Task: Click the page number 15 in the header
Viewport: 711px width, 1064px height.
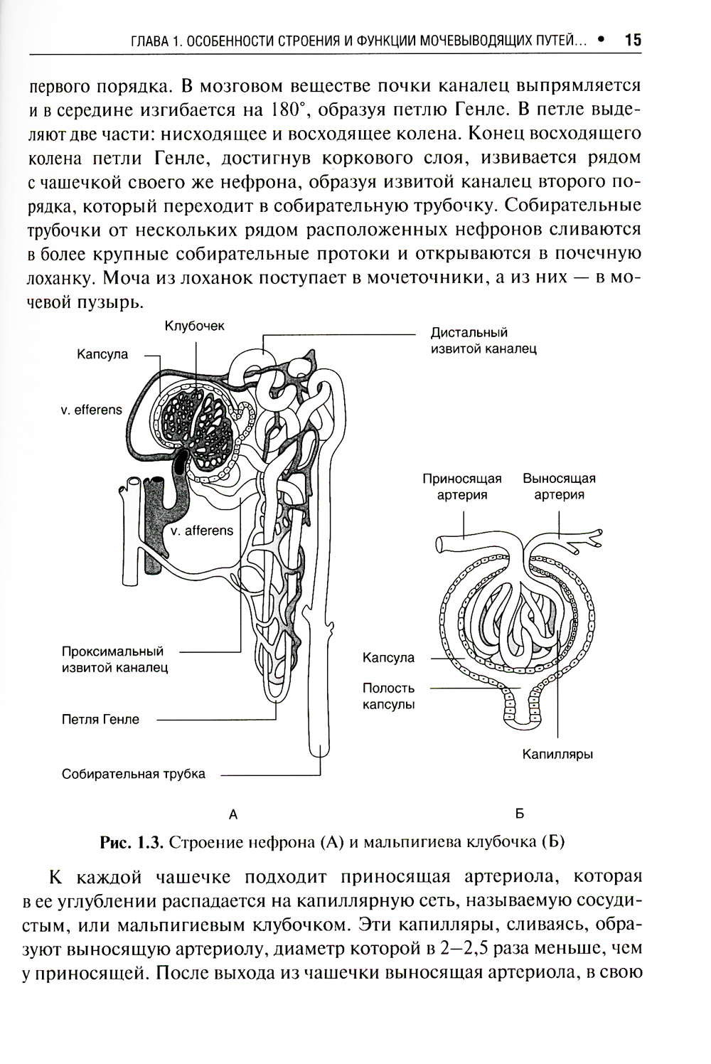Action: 632,41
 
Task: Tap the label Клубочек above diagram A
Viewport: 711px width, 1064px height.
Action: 195,326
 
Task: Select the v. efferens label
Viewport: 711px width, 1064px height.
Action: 92,410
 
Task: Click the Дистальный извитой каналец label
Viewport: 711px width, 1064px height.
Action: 483,341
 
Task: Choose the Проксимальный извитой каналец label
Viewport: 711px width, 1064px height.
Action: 114,659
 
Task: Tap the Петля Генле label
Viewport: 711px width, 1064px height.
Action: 100,719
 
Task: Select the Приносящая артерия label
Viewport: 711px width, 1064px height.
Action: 462,486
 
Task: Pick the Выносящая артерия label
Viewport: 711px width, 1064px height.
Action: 559,486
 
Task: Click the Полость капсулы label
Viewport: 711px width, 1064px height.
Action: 388,696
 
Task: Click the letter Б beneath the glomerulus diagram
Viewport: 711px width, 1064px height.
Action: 518,814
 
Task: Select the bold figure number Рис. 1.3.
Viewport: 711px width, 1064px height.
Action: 133,844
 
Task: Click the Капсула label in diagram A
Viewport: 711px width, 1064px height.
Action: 102,354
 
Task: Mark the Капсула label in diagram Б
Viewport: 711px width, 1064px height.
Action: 388,658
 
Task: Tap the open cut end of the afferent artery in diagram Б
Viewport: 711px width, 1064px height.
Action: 439,544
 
